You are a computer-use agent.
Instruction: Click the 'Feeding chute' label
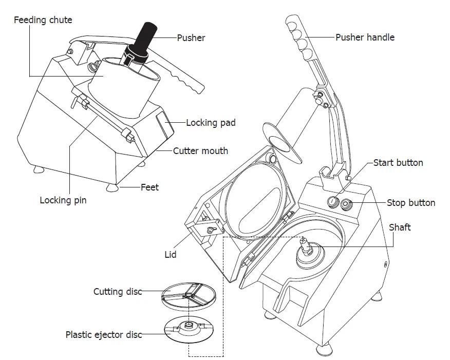[x=43, y=21]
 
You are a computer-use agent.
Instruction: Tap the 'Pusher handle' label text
[x=365, y=37]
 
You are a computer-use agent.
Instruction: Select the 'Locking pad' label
[x=211, y=123]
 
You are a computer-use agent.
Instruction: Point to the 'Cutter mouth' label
[x=200, y=151]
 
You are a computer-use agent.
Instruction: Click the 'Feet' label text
[x=149, y=187]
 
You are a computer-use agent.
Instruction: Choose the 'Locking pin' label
[x=63, y=200]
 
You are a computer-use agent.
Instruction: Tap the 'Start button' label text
[x=398, y=163]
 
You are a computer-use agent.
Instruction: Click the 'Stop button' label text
[x=410, y=203]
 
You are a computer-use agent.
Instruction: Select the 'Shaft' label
[x=399, y=227]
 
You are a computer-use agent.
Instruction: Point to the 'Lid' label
[x=170, y=254]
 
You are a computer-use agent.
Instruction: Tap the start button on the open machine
[x=333, y=201]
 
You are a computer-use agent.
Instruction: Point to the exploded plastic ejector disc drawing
[x=189, y=328]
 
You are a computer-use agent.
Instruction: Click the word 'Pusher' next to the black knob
[x=191, y=37]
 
